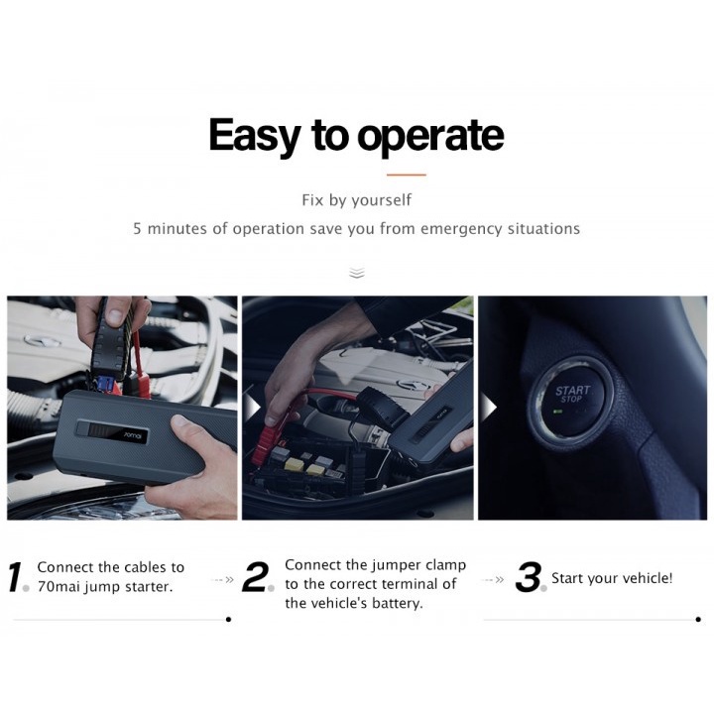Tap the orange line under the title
click(405, 175)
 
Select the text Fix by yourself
click(356, 200)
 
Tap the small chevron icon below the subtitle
click(357, 272)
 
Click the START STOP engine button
click(571, 396)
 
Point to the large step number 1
click(16, 578)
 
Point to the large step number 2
click(255, 578)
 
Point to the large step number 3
click(528, 578)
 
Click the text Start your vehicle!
click(612, 578)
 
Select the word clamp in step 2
click(445, 565)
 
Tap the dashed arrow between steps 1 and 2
click(224, 579)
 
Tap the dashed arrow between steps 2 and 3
click(494, 579)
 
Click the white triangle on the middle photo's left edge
click(252, 408)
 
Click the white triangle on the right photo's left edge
click(488, 408)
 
